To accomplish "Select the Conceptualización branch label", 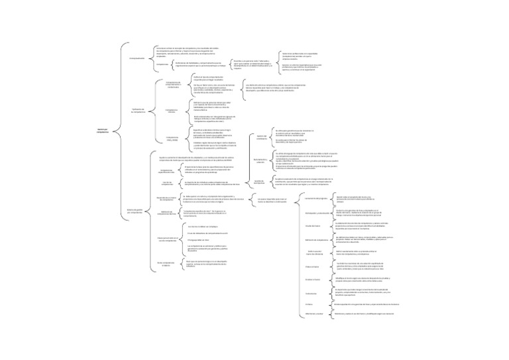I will pyautogui.click(x=137, y=58).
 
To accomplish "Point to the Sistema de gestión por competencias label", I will pyautogui.click(x=135, y=211).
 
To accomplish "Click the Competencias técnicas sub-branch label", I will pyautogui.click(x=172, y=111).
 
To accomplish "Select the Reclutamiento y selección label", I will pyautogui.click(x=261, y=160).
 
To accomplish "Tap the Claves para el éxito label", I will pyautogui.click(x=167, y=239).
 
